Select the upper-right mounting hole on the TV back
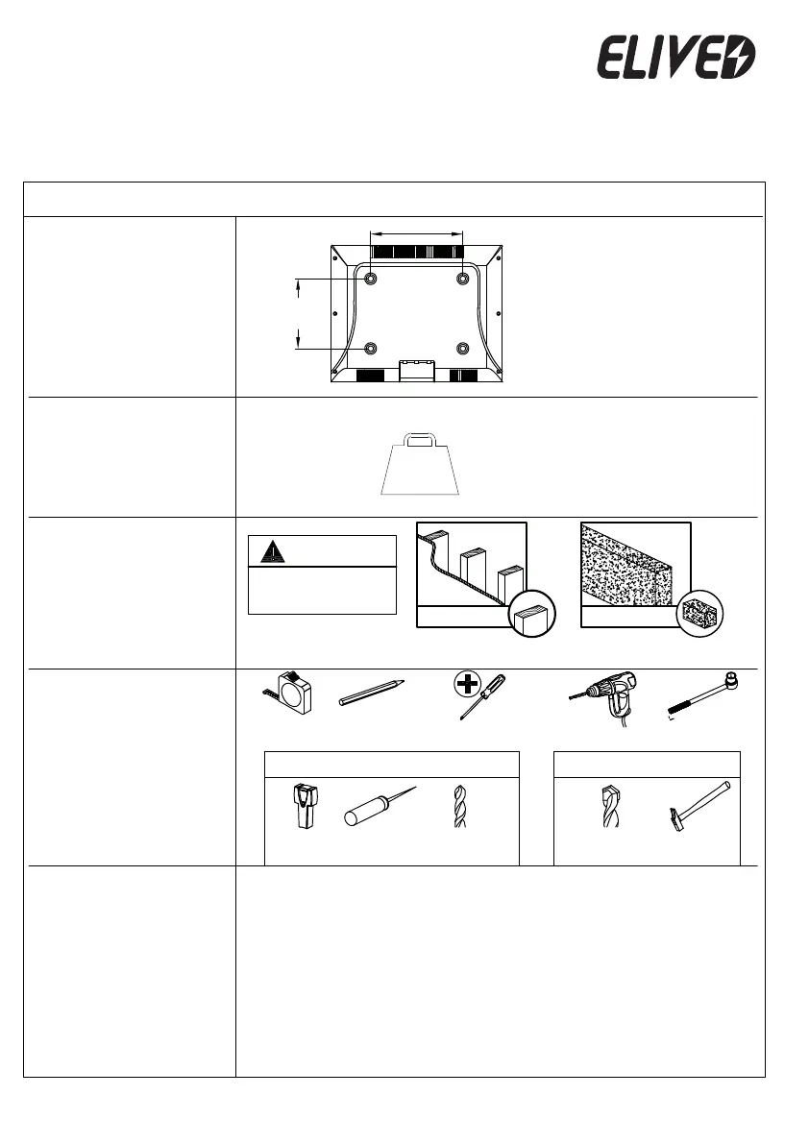(463, 278)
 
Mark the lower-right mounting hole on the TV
(463, 348)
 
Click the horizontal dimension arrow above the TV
(417, 231)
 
